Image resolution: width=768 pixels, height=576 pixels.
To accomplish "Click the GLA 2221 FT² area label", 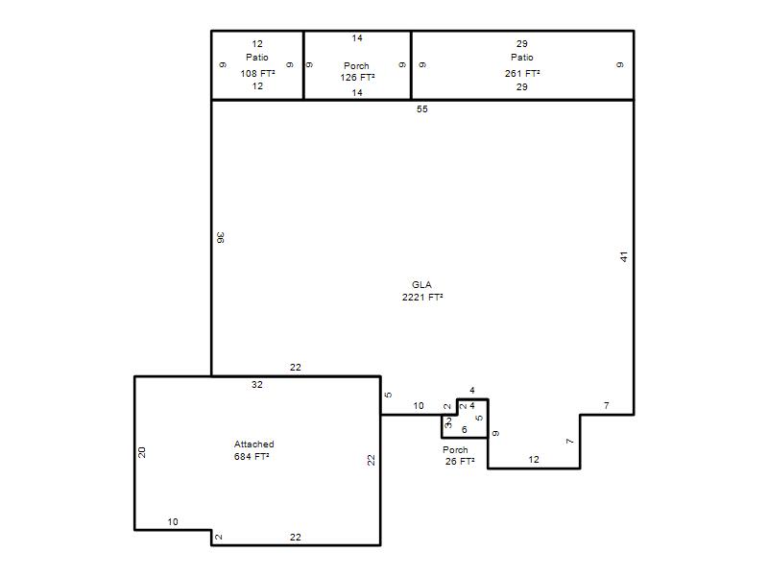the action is [x=422, y=291].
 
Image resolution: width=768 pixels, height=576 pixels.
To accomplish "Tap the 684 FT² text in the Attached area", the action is [x=252, y=457].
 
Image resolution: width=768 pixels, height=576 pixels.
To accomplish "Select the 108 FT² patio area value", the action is [x=257, y=74].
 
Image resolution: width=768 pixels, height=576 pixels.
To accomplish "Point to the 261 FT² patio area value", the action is [x=522, y=74].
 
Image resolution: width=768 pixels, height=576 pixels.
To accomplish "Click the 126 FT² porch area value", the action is [x=357, y=78].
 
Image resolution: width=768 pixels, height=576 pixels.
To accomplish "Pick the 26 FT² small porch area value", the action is [x=460, y=462].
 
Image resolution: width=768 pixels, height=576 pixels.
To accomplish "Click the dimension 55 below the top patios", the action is [x=422, y=109].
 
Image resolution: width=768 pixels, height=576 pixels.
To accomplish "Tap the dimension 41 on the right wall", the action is [x=623, y=256].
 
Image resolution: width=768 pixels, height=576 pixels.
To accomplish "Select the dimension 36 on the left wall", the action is [x=221, y=237].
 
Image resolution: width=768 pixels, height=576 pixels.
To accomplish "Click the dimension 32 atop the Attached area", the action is [x=257, y=385].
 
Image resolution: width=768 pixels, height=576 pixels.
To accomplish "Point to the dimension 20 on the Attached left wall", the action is [x=141, y=452].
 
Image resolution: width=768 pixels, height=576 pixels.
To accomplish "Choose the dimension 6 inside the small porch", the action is [x=465, y=429].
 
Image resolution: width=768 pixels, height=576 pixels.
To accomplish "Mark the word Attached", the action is [x=253, y=444].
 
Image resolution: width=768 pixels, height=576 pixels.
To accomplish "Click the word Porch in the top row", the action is [x=356, y=65].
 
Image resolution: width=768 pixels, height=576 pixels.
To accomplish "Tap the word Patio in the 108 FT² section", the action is [x=257, y=58].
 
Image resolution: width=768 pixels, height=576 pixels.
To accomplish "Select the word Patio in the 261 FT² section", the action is [x=522, y=58].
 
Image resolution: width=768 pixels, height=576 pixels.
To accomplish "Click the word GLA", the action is [x=421, y=284].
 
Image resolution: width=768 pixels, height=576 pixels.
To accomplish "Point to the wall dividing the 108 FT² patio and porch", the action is [x=303, y=65].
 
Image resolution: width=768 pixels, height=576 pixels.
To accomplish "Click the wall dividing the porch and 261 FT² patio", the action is [x=411, y=65].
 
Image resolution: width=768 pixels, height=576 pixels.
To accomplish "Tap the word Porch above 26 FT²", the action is [x=455, y=449].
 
